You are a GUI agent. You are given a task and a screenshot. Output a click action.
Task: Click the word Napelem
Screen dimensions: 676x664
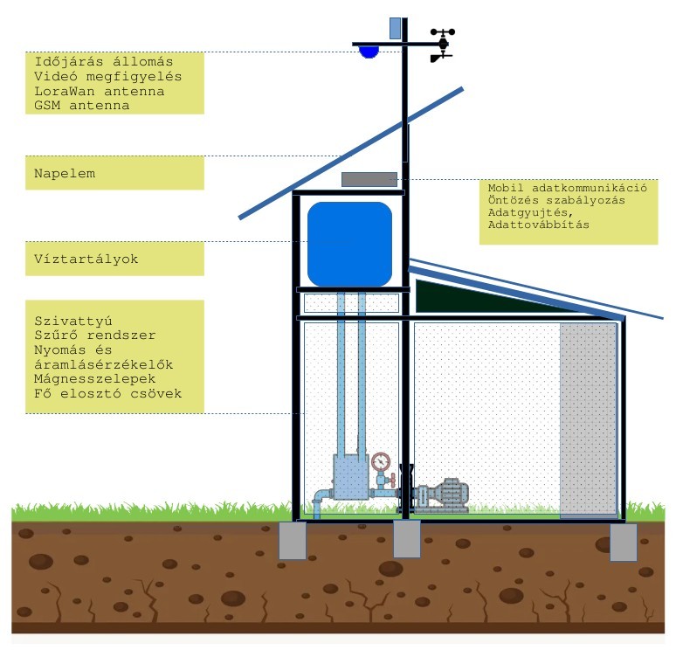65,173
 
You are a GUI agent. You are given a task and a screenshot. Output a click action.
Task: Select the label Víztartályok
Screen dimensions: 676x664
86,259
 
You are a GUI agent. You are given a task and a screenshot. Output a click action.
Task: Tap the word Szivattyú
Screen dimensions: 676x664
73,322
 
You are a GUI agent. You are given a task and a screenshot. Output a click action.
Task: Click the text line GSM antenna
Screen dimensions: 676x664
82,105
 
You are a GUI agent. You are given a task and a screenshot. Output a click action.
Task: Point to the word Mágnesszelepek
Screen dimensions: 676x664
95,379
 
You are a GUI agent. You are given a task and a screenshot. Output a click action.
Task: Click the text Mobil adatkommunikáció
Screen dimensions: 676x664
568,188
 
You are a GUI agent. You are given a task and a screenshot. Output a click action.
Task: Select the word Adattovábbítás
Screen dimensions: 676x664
539,225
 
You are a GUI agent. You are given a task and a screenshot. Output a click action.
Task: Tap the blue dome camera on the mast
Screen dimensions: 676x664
369,52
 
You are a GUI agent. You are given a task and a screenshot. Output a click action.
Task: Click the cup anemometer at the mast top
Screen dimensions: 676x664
443,32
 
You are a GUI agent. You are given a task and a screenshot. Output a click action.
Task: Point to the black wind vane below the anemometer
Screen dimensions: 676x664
440,57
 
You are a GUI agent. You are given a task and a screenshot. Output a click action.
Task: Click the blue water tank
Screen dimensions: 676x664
349,244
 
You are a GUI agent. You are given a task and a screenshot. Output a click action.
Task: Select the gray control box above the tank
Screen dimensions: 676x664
369,179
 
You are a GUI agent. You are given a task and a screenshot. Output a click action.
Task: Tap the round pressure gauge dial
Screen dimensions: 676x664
381,462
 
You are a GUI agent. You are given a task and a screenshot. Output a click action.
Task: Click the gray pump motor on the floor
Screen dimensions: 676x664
442,496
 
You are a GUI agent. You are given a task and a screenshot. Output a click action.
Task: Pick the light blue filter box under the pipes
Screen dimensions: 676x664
351,478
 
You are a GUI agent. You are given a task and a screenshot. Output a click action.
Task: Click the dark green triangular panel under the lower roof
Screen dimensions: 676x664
487,298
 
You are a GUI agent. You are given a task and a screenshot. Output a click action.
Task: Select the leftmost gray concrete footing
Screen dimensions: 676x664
293,541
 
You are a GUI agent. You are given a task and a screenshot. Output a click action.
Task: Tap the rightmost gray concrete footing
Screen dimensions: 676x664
624,543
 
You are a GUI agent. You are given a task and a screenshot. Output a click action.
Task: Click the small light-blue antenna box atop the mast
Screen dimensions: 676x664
395,29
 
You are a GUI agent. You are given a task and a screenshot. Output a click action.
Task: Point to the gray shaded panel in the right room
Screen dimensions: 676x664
589,419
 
